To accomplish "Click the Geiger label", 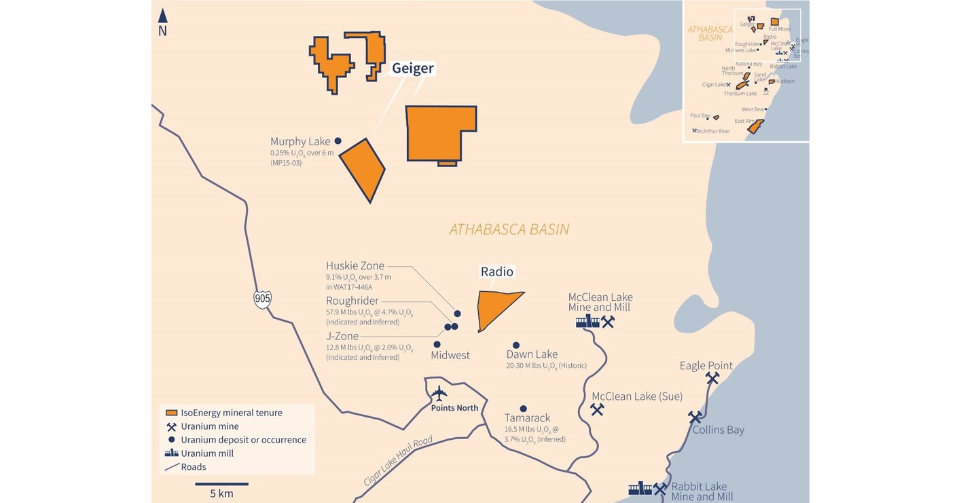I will pos(412,68).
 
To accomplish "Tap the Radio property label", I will pos(497,272).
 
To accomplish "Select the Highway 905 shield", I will pos(263,298).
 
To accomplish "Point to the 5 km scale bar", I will pos(221,484).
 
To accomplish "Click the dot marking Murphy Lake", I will pos(338,141).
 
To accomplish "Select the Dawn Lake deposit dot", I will pos(516,346).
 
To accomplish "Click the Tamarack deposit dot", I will pos(523,409).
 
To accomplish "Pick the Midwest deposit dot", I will pos(437,345).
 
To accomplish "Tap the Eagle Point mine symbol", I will pos(712,378).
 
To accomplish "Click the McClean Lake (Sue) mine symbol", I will pos(597,409).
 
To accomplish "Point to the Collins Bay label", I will pos(718,430).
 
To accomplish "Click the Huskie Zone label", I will pos(355,265).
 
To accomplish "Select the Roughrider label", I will pos(352,301).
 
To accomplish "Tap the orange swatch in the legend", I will pos(172,413).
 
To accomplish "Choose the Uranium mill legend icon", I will pos(172,453).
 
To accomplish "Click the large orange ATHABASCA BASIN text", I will pos(509,229).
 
